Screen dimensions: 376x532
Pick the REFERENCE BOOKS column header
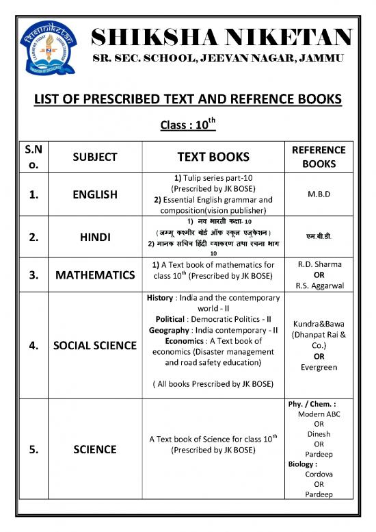pyautogui.click(x=319, y=157)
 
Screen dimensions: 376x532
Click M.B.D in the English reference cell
pyautogui.click(x=319, y=194)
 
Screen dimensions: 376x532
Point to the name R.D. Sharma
pyautogui.click(x=319, y=263)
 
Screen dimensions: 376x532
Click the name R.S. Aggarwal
pyautogui.click(x=319, y=286)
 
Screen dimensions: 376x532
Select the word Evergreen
pyautogui.click(x=319, y=367)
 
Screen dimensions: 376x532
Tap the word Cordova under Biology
pyautogui.click(x=319, y=473)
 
